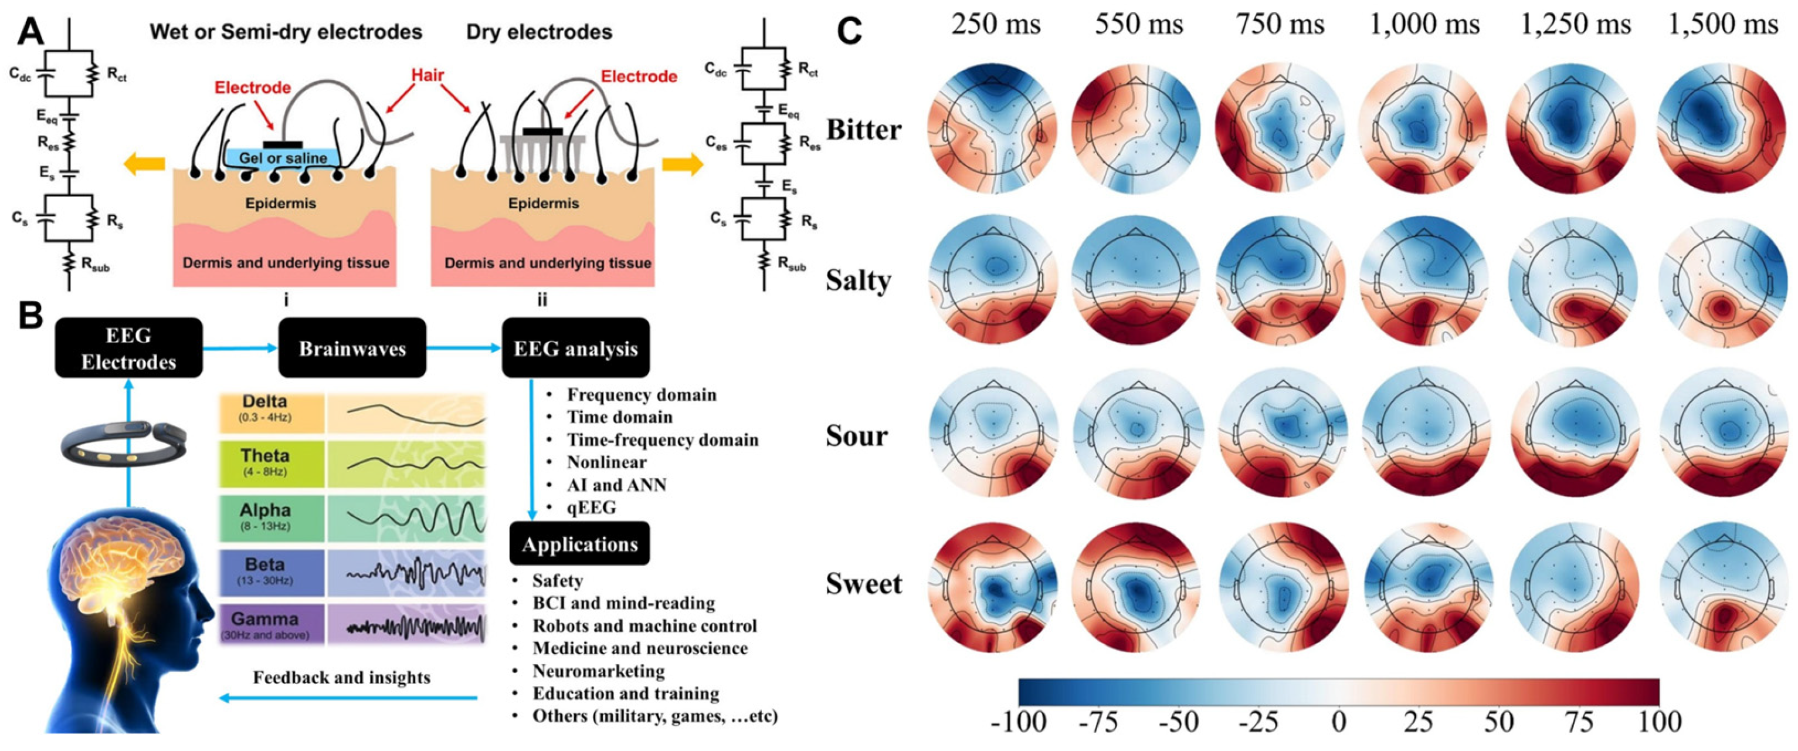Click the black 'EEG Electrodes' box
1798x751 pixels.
tap(128, 348)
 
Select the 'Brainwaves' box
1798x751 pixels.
tap(352, 348)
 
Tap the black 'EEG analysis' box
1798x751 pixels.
tap(575, 348)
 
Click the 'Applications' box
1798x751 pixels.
tap(579, 543)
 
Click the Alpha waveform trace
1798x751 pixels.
tap(416, 517)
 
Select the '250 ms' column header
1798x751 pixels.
tap(995, 25)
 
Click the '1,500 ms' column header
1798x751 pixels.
tap(1722, 25)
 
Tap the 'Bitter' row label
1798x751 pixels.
tap(864, 130)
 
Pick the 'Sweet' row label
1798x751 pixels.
tap(864, 584)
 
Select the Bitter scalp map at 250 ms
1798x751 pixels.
tap(992, 128)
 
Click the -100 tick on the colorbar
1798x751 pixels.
tap(1019, 721)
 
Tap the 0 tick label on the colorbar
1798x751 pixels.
tap(1338, 721)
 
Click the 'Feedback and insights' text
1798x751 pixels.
tap(341, 678)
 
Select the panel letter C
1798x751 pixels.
tap(849, 32)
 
